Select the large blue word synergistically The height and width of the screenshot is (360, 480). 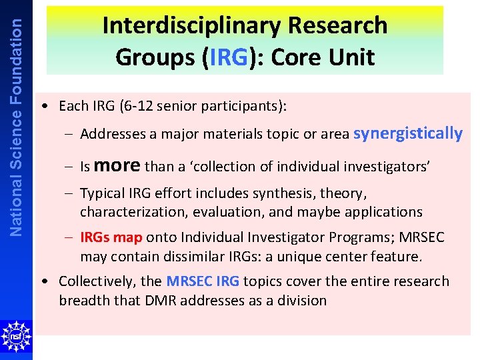click(x=407, y=133)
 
